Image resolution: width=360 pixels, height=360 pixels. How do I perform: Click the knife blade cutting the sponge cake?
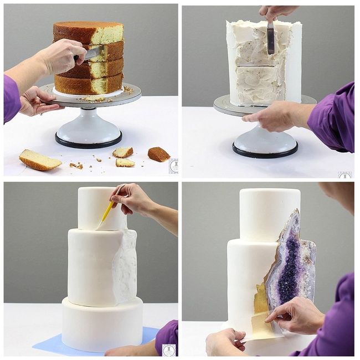(94, 53)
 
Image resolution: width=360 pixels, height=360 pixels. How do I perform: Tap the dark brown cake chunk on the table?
(158, 154)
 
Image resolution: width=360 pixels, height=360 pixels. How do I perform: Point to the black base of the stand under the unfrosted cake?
(89, 143)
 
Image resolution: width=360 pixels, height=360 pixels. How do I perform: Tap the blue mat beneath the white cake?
(50, 343)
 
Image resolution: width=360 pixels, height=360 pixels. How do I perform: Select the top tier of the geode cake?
(269, 213)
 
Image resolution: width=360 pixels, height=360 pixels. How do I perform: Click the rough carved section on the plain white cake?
(125, 266)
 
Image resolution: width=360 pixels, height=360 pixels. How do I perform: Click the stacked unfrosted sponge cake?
(89, 58)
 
